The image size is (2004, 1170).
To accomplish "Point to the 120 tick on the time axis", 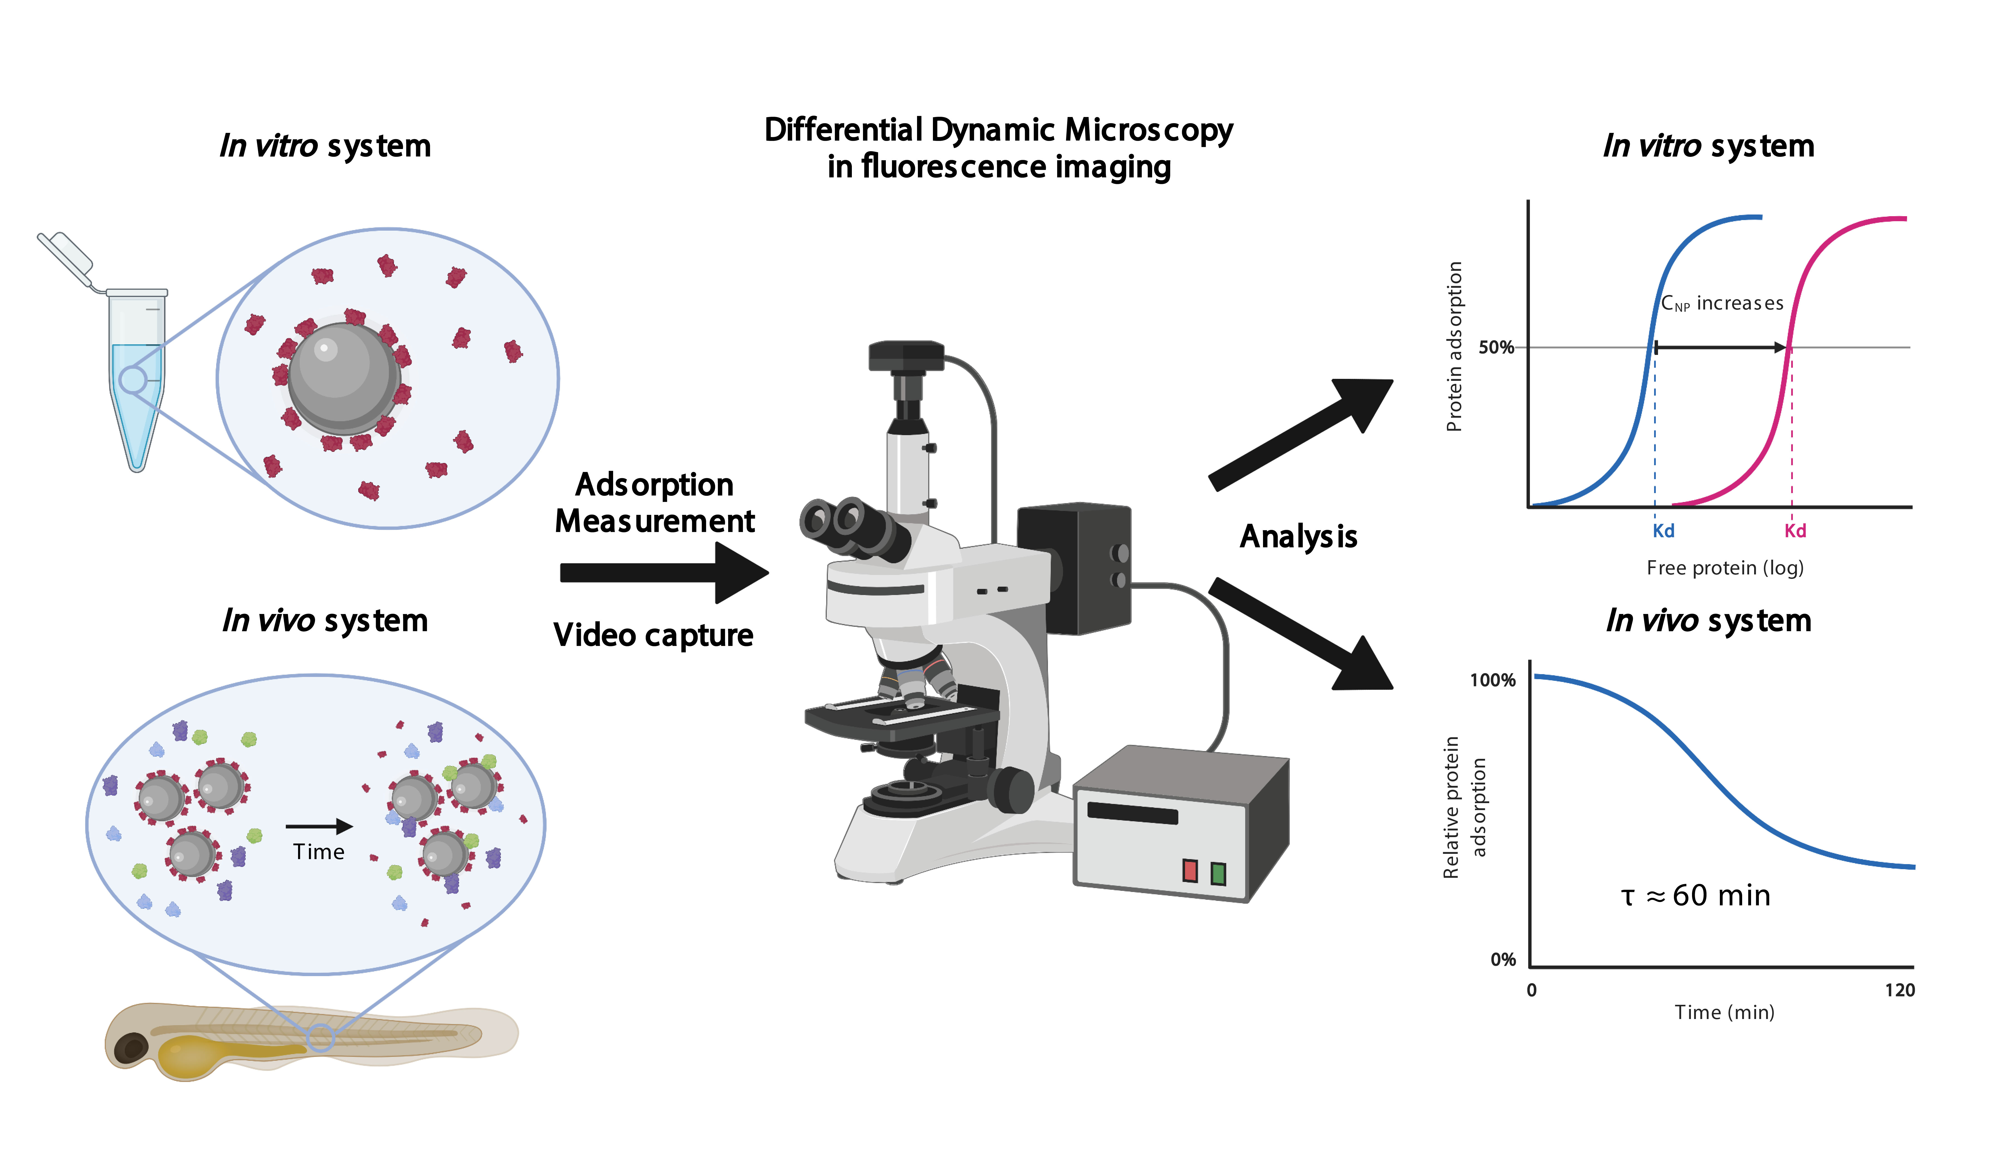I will (1899, 990).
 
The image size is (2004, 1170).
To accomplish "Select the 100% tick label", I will (1492, 680).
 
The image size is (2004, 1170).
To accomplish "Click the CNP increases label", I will (1722, 303).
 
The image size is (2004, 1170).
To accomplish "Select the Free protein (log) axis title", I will (1724, 568).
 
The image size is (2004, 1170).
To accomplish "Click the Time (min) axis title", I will (1724, 1013).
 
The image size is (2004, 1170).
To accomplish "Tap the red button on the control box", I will (1190, 870).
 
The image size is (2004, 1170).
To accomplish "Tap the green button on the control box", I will (1218, 873).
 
